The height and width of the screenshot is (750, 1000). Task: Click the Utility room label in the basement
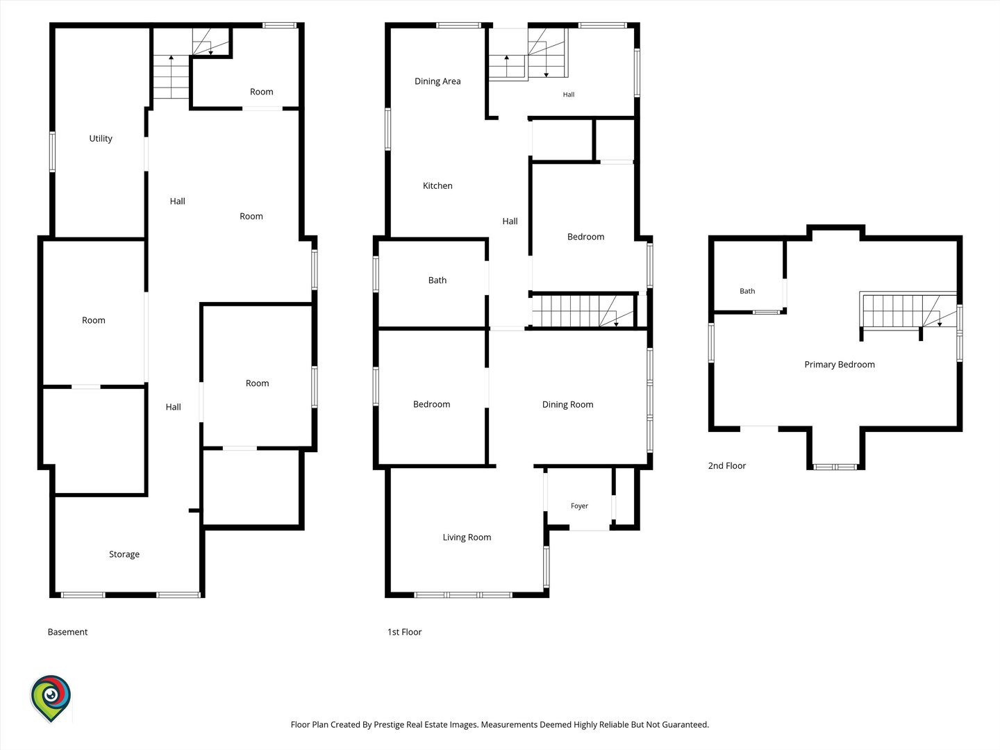point(101,138)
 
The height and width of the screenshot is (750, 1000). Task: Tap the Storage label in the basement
point(124,554)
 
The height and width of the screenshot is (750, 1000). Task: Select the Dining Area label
point(437,81)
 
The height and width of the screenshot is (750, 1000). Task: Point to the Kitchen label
point(437,185)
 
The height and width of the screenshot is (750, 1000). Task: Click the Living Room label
point(467,537)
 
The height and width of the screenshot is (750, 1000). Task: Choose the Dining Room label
point(567,404)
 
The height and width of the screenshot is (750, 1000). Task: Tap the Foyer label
point(579,506)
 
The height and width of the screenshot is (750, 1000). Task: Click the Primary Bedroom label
point(840,365)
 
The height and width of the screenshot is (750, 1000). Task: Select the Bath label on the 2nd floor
point(747,291)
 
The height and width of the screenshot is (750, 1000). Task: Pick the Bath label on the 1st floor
point(437,280)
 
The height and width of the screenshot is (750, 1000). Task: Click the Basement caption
point(67,632)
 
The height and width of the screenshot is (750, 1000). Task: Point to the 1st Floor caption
point(405,632)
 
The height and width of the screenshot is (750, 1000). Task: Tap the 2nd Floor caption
point(727,465)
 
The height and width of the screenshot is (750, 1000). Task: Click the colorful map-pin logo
point(51,699)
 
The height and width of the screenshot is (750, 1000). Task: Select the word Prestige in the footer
point(388,724)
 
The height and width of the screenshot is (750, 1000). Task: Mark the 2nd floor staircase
point(908,310)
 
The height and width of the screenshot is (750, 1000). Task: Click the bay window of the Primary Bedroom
point(835,466)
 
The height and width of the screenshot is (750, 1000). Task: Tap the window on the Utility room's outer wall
point(52,151)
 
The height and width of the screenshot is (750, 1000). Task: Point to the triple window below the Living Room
point(463,594)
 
